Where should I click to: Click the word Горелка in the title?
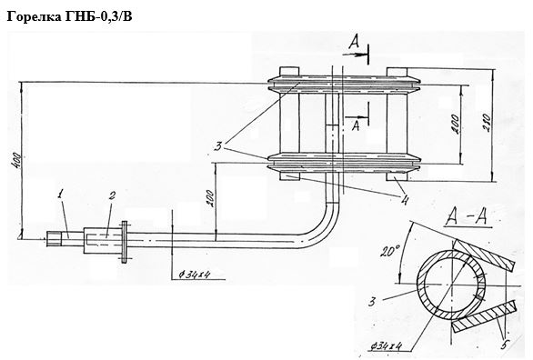[34, 16]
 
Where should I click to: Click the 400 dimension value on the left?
[15, 161]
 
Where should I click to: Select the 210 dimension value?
[487, 123]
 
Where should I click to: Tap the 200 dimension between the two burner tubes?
[455, 125]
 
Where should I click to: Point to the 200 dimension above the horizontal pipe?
[210, 199]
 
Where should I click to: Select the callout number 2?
[112, 195]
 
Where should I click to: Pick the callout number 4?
[404, 199]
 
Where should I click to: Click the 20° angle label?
[389, 252]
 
